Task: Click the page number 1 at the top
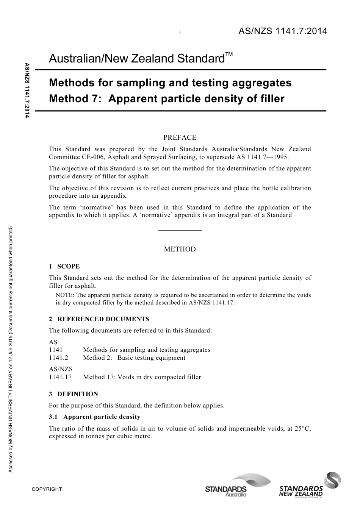point(180,33)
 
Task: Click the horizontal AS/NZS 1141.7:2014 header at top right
point(282,31)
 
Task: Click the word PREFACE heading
point(180,137)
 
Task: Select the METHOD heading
point(180,249)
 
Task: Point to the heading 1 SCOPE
point(64,266)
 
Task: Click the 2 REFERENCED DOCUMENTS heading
point(99,319)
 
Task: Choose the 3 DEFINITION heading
point(74,394)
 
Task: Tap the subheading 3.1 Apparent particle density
point(95,417)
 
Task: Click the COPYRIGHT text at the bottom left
point(47,489)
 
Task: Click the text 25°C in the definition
point(303,428)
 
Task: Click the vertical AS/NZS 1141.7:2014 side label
point(27,91)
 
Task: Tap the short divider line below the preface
point(180,230)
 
